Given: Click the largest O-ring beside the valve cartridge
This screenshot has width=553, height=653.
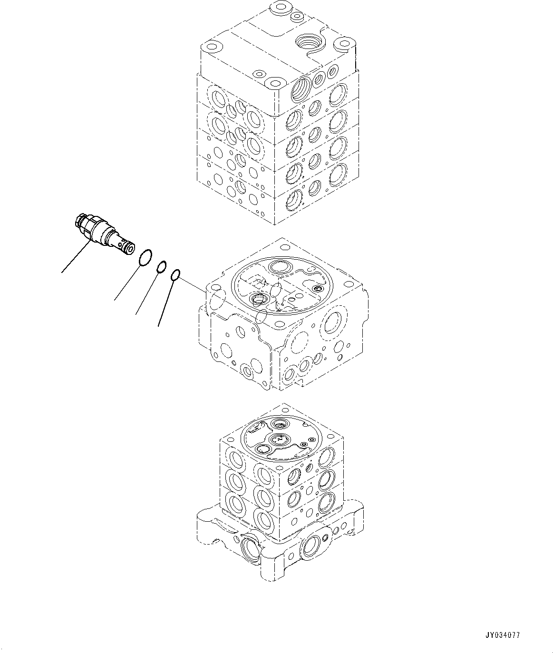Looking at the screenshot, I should point(145,258).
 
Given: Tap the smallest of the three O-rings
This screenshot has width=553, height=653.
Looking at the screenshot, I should point(175,274).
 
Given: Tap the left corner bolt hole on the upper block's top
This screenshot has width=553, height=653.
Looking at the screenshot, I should point(210,48).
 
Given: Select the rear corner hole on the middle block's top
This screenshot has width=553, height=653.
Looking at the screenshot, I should point(284,247).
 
